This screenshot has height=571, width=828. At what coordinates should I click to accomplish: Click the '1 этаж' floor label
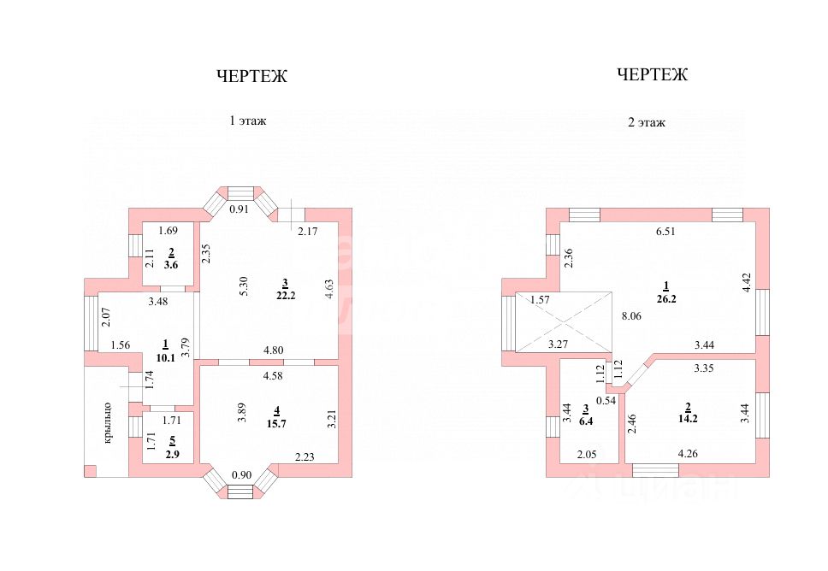[x=248, y=121]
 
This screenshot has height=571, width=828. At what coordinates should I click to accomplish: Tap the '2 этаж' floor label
[x=647, y=122]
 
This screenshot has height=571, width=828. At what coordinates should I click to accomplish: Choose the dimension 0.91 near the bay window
[x=240, y=209]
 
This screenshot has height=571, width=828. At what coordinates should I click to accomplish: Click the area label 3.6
[x=171, y=266]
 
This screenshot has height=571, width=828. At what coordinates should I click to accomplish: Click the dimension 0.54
[x=606, y=400]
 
